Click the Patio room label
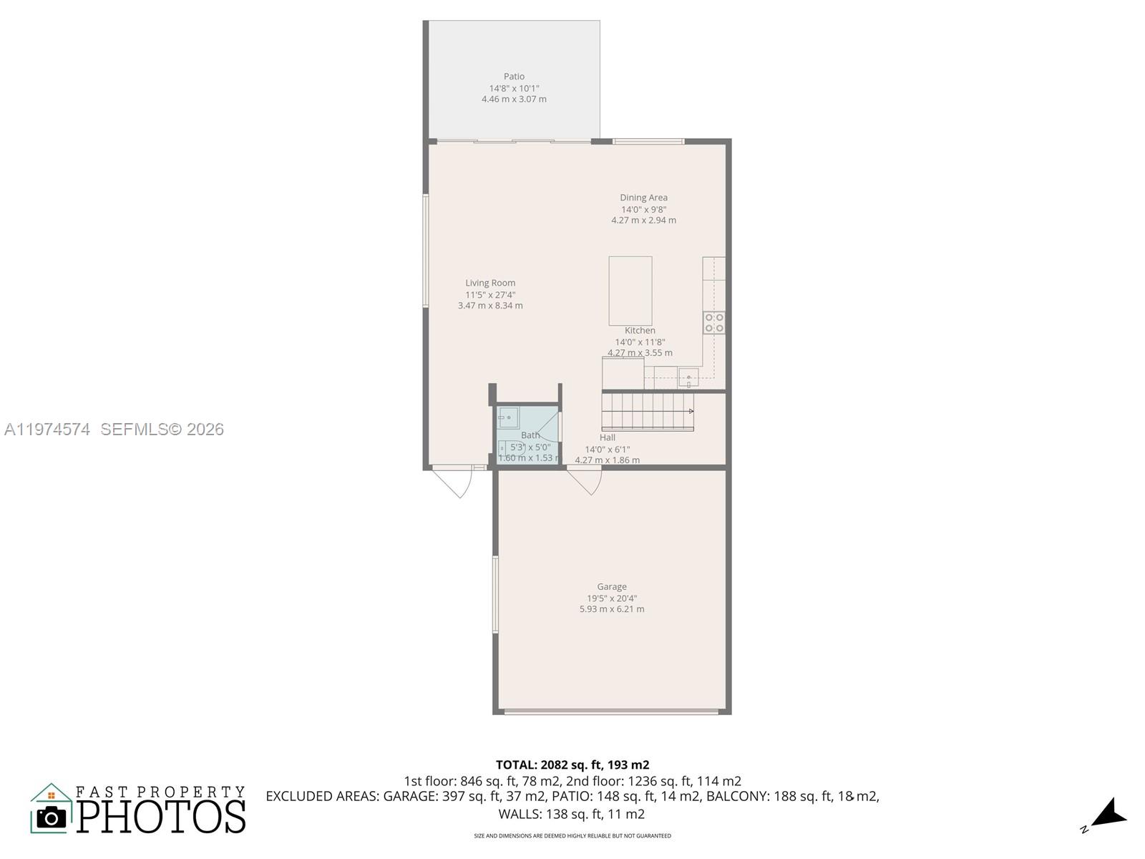(514, 77)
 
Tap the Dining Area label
(643, 198)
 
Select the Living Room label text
(490, 283)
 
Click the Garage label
(612, 586)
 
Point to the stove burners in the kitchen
(713, 323)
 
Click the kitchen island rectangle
(630, 291)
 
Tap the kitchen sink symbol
(688, 377)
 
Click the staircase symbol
(648, 412)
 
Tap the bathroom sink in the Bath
(508, 416)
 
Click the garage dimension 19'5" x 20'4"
(612, 598)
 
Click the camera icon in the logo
(51, 817)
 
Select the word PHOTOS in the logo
(161, 817)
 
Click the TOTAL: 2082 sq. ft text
(572, 765)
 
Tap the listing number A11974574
(47, 429)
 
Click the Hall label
(608, 437)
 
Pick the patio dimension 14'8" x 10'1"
(514, 88)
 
